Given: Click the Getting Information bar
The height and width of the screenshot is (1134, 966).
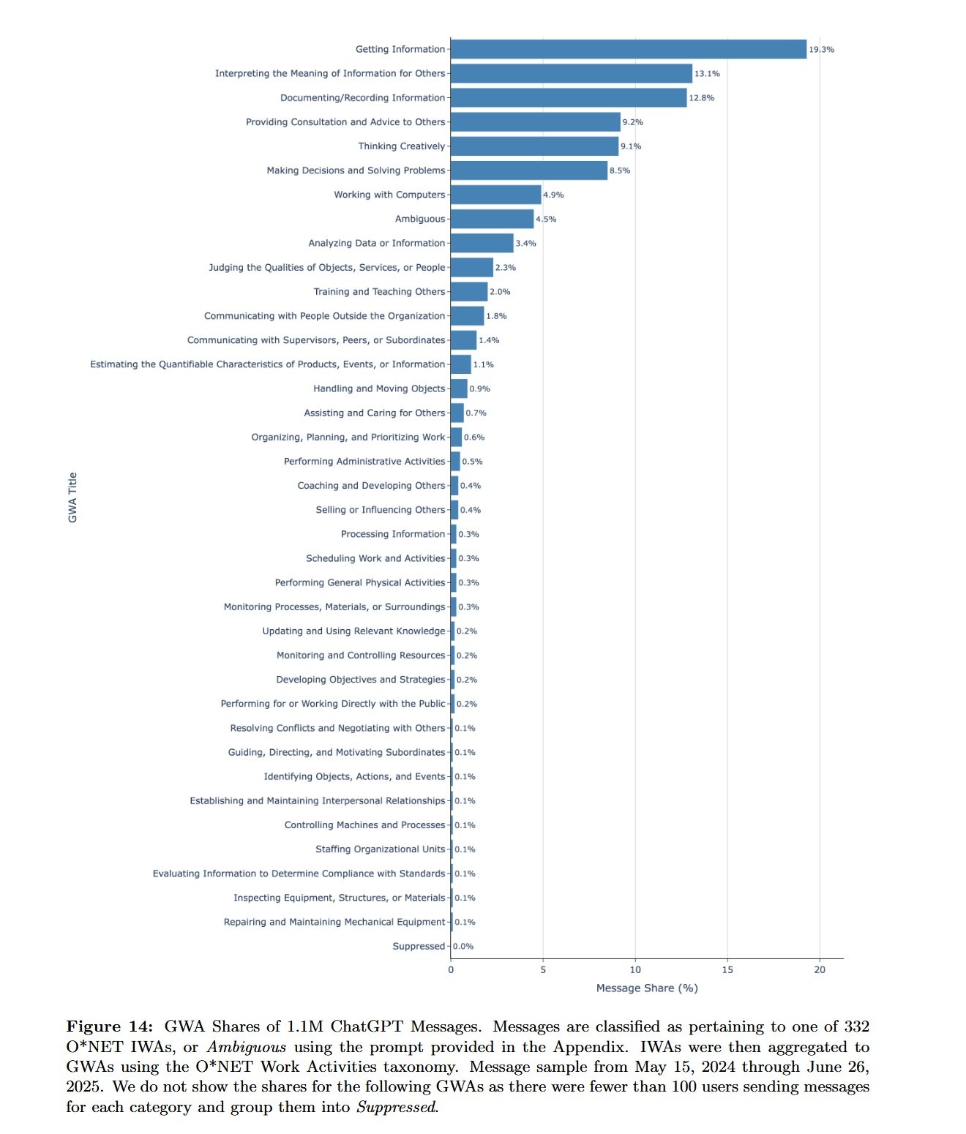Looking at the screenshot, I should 628,49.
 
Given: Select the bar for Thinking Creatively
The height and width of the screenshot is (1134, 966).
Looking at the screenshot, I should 534,146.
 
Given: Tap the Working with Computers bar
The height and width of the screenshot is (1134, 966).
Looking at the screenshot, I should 495,195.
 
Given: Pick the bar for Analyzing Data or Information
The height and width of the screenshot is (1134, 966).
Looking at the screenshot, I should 482,243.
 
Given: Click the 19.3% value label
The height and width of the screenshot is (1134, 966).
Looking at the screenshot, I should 821,50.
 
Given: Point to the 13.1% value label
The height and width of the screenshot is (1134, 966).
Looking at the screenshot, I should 707,74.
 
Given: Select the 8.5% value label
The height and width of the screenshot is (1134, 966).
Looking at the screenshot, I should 620,170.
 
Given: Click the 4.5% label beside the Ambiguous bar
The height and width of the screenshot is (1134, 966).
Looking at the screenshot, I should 546,219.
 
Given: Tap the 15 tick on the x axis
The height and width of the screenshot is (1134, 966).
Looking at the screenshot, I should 727,969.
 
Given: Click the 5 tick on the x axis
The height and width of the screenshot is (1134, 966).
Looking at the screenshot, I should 543,969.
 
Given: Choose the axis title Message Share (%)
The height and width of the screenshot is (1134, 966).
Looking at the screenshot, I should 647,988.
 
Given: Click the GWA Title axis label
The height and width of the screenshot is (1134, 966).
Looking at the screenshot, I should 72,497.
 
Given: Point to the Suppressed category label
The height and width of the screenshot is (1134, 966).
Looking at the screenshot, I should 419,946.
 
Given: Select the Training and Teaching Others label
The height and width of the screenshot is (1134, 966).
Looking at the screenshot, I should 379,291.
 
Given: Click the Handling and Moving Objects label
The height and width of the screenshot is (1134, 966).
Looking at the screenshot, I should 379,388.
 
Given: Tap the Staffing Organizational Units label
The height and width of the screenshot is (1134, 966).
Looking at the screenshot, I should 380,849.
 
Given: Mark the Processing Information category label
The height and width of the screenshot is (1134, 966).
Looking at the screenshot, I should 392,534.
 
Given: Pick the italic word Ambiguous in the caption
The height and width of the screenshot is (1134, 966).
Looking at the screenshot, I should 246,1047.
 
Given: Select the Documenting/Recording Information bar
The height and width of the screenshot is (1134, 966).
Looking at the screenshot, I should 569,98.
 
